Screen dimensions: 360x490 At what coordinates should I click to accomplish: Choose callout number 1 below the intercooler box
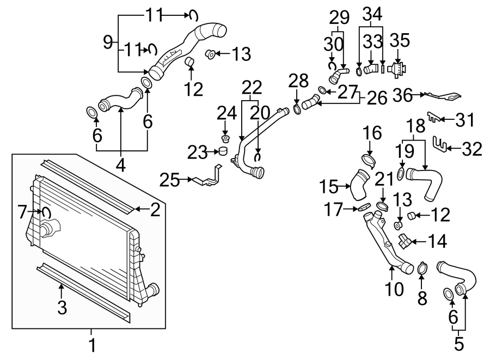[x=91, y=344]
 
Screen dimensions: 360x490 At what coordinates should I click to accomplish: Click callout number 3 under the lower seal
[x=62, y=308]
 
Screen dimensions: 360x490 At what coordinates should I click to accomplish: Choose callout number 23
[x=198, y=152]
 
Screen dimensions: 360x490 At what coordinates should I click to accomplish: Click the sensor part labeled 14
[x=406, y=240]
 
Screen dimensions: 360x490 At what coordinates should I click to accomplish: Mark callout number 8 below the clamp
[x=422, y=298]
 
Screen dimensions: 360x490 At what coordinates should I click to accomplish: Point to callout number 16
[x=370, y=132]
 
